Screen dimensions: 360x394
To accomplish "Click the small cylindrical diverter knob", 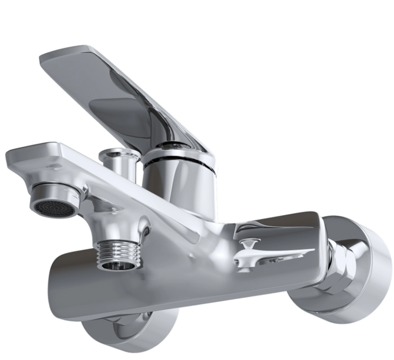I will [x=118, y=161].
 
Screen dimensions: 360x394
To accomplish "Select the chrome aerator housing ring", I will [x=59, y=193].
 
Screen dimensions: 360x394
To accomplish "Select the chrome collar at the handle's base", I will [x=177, y=152].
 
